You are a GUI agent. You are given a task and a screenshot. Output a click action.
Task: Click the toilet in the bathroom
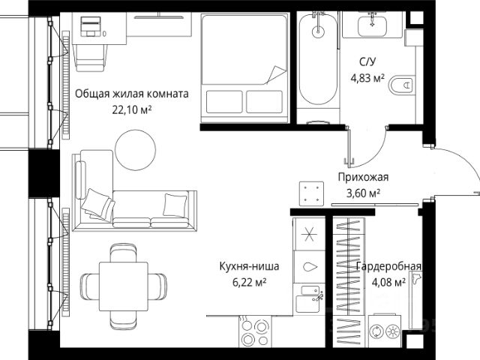[402, 85]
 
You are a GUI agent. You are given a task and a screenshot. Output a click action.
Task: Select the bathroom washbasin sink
[372, 25]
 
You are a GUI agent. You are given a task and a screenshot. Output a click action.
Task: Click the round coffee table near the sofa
[135, 150]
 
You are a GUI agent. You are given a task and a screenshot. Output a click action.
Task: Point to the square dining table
[124, 286]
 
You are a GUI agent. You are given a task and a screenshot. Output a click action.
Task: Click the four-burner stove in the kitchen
[255, 331]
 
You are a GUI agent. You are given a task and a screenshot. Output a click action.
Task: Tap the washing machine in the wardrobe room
[385, 331]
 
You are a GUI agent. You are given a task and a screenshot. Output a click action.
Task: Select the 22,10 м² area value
[132, 109]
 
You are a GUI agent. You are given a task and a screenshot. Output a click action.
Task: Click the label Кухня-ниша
[249, 266]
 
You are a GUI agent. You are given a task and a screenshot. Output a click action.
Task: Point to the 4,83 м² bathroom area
[367, 78]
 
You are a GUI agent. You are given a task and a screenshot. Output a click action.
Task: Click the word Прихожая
[363, 177]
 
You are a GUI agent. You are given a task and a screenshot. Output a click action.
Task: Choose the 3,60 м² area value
[363, 193]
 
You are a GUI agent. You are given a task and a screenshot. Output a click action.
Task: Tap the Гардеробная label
[388, 266]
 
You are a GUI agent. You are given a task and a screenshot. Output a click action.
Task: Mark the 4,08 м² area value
[388, 282]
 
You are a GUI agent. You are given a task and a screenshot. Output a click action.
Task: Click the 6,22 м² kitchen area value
[249, 282]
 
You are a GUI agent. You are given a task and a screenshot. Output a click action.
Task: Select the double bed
[244, 67]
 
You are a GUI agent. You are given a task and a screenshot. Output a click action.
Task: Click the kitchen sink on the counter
[310, 298]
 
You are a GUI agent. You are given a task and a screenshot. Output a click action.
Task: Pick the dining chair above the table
[123, 253]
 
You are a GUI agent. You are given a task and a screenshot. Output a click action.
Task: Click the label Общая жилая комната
[132, 94]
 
